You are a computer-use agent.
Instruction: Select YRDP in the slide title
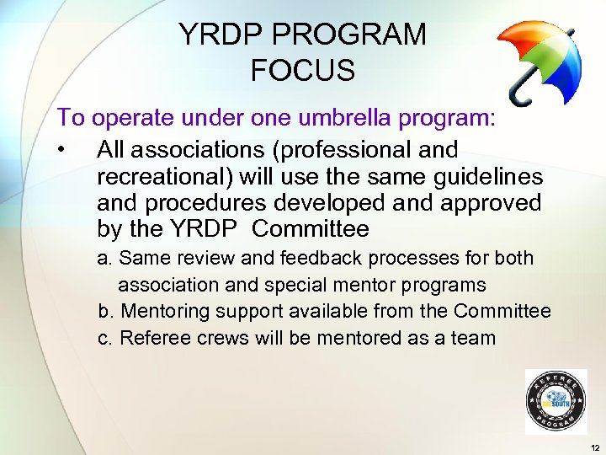(x=217, y=35)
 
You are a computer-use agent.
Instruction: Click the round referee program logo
(x=555, y=402)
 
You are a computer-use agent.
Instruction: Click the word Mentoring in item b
(x=165, y=311)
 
